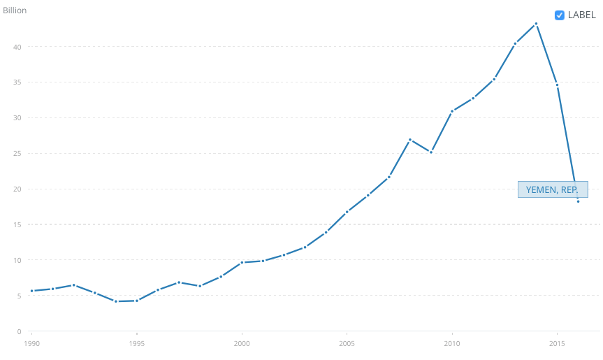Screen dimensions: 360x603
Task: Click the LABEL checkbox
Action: (559, 15)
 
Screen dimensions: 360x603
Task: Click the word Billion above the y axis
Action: (15, 10)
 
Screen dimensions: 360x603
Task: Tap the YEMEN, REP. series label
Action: (552, 189)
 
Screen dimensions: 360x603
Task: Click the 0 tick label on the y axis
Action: (18, 331)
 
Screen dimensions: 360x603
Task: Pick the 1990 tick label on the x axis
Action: (31, 344)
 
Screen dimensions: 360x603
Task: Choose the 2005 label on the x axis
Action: (347, 344)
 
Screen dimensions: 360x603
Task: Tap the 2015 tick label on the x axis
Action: (557, 344)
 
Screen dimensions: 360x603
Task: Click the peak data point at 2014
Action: (536, 24)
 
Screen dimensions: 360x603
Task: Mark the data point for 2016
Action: (578, 201)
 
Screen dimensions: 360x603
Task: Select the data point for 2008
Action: (410, 140)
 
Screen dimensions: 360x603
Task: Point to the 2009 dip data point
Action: (431, 152)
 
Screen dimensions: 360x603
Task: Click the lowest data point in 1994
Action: (116, 301)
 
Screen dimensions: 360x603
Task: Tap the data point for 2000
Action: (242, 262)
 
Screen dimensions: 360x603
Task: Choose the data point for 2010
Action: (452, 111)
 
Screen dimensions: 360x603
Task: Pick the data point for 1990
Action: (31, 291)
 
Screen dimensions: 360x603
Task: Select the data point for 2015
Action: (557, 85)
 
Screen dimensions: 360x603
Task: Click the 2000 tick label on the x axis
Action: (242, 344)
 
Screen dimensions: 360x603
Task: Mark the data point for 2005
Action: (347, 212)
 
